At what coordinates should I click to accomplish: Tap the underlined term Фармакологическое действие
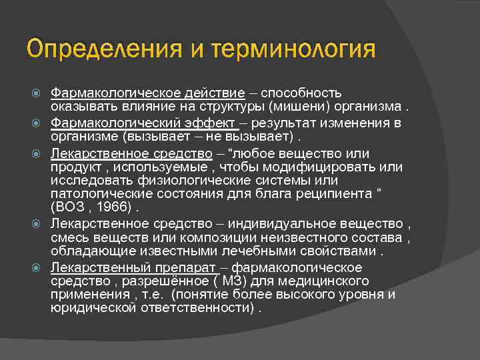point(148,92)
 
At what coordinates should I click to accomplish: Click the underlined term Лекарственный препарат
point(135,267)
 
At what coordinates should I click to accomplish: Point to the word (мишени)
point(294,107)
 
